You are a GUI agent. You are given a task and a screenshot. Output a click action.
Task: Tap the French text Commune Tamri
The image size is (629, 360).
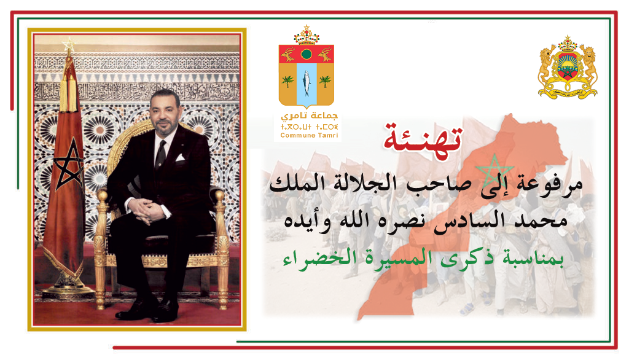(x=310, y=136)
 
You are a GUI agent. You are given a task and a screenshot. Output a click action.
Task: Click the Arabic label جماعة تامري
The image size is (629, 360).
(x=310, y=116)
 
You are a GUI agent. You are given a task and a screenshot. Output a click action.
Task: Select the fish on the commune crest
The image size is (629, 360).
(x=307, y=83)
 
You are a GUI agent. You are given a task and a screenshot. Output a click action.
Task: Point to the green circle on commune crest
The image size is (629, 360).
(x=307, y=54)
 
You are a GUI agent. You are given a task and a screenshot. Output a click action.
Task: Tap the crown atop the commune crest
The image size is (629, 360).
(x=307, y=35)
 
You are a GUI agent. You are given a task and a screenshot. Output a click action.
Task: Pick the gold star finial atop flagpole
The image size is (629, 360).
(x=69, y=45)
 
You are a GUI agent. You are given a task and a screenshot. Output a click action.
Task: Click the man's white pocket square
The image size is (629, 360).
(x=180, y=157)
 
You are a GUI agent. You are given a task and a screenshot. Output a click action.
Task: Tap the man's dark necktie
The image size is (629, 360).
(x=160, y=154)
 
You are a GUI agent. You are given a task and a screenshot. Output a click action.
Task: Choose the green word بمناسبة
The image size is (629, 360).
(x=533, y=259)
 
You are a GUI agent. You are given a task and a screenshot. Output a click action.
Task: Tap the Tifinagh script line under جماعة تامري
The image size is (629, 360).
(x=310, y=127)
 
